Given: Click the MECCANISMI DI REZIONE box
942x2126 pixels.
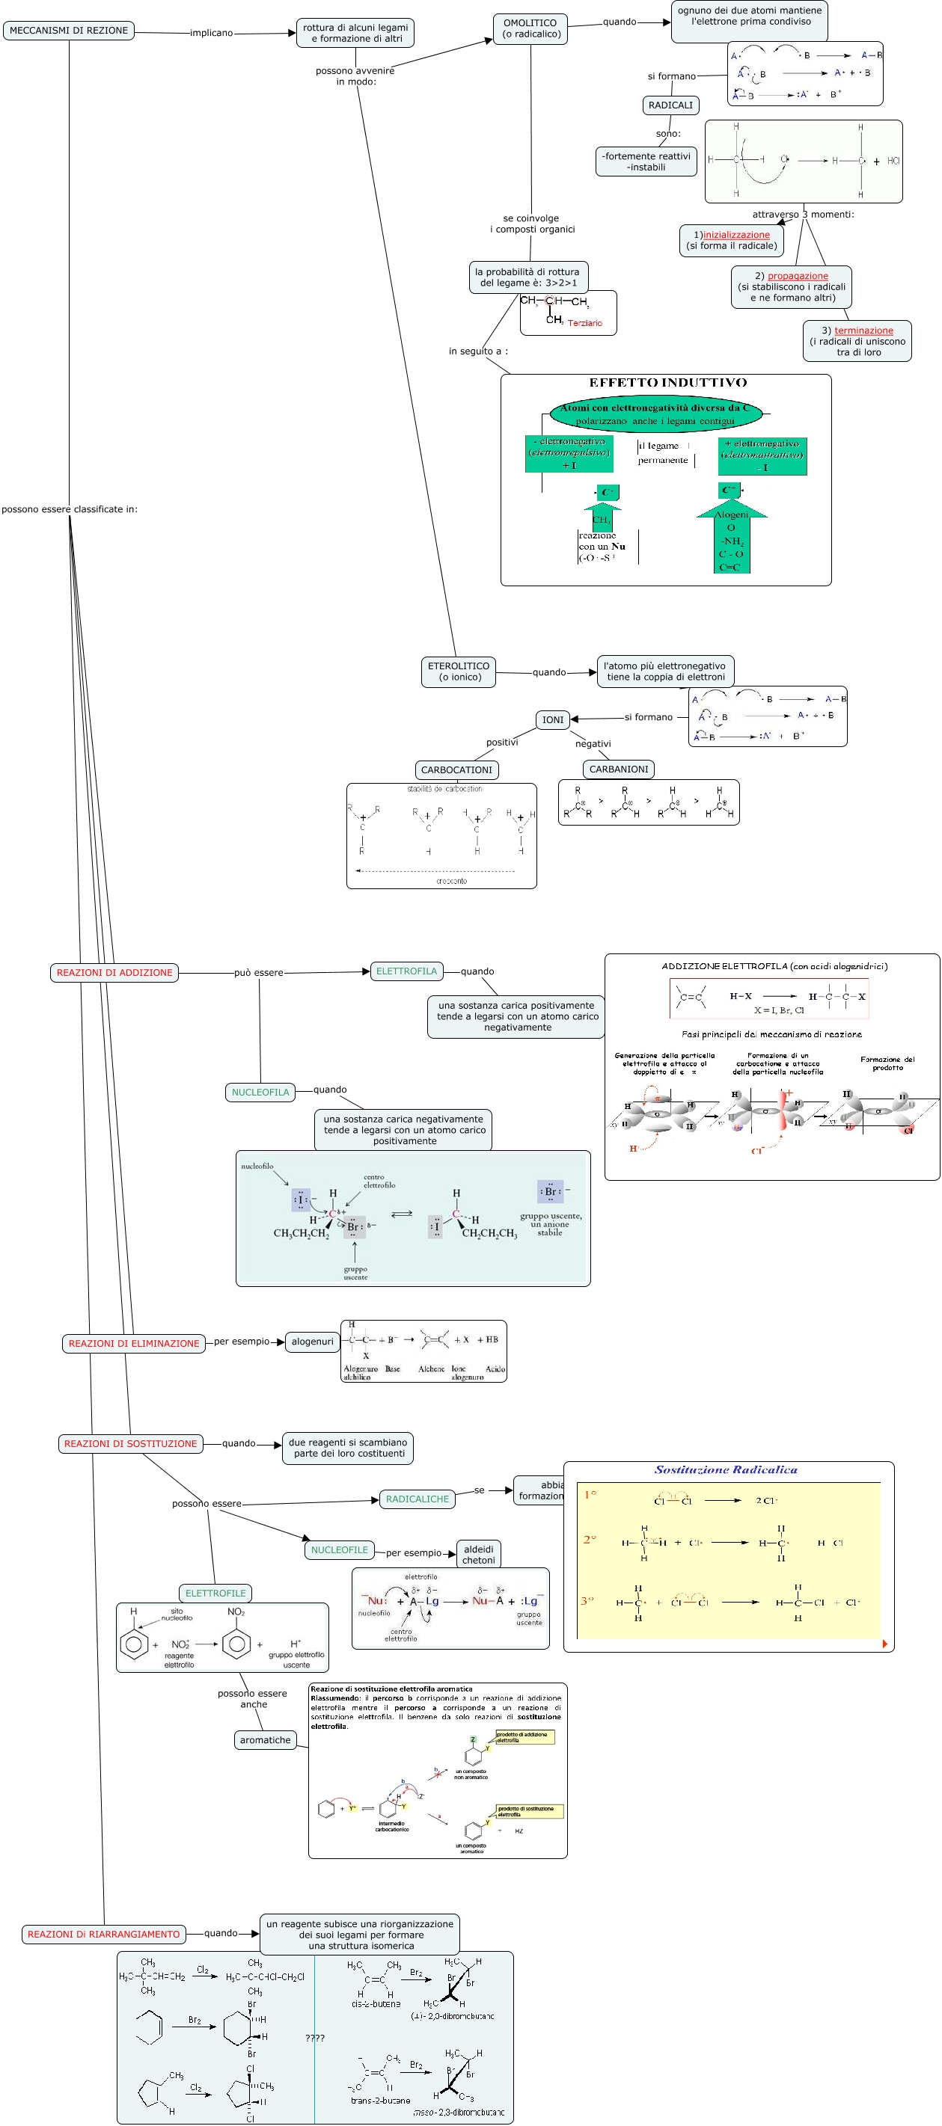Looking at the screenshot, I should [x=69, y=31].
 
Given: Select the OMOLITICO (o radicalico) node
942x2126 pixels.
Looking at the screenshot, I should [x=530, y=29].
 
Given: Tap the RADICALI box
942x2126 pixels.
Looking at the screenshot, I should [x=670, y=105].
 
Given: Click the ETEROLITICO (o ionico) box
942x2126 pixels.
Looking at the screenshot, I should [x=459, y=671].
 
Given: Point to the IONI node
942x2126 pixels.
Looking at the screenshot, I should [x=552, y=719].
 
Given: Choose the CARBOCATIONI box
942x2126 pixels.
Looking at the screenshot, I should [x=456, y=769].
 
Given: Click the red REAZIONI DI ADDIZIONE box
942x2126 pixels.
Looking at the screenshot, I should [x=114, y=972].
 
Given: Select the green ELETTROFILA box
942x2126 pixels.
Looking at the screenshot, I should [x=406, y=971].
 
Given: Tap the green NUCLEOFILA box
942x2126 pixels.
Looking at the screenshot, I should [x=260, y=1092].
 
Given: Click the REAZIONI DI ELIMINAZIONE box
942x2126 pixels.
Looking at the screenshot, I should [x=134, y=1343].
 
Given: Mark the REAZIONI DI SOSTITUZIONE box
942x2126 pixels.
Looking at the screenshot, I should [x=130, y=1443].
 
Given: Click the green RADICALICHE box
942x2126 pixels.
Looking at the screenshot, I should [x=417, y=1499].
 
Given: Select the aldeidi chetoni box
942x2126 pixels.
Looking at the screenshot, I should [x=478, y=1554].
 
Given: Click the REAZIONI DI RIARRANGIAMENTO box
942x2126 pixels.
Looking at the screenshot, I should [x=103, y=1934].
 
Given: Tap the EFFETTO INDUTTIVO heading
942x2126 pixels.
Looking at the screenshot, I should [x=667, y=382].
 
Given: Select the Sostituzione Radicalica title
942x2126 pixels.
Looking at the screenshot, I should [x=726, y=1470].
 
